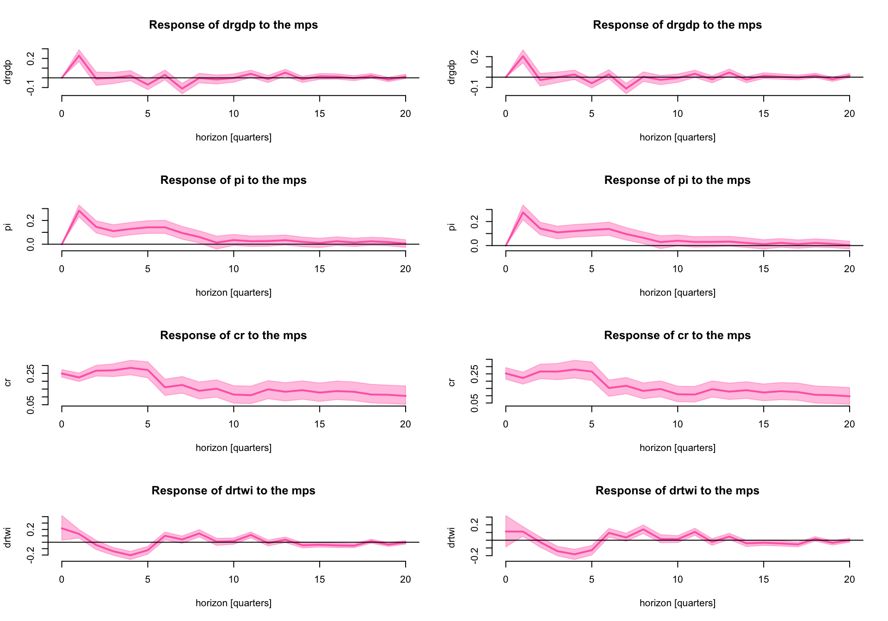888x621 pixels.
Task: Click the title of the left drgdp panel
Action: (x=233, y=25)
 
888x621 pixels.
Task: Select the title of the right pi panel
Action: (x=677, y=180)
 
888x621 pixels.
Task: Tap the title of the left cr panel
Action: (x=233, y=335)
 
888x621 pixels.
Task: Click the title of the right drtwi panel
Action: (x=677, y=491)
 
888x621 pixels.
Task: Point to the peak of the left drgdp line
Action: (x=79, y=56)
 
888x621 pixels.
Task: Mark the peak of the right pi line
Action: (x=523, y=212)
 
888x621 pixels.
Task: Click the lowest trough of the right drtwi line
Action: (x=575, y=554)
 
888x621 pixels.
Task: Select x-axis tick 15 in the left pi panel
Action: (x=320, y=269)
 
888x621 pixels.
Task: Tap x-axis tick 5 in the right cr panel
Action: (x=592, y=424)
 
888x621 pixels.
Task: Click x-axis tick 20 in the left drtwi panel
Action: (x=405, y=579)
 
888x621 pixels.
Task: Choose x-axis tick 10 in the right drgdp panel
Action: (x=678, y=114)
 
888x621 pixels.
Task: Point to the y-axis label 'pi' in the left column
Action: (x=8, y=226)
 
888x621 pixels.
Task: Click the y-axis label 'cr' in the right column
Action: (x=452, y=382)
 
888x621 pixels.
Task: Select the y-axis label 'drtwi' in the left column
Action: (x=8, y=537)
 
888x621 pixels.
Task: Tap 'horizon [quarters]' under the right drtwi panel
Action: (x=677, y=603)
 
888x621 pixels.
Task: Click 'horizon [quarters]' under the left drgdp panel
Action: (x=233, y=137)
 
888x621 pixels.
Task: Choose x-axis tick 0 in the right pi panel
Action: (x=506, y=269)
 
